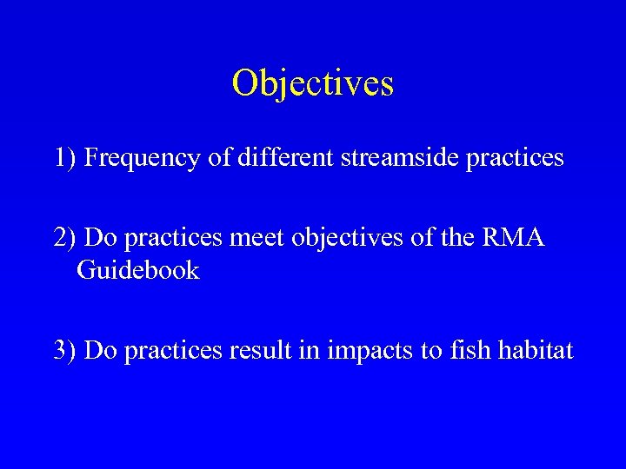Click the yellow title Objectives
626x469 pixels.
[313, 83]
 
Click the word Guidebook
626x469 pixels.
[138, 270]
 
